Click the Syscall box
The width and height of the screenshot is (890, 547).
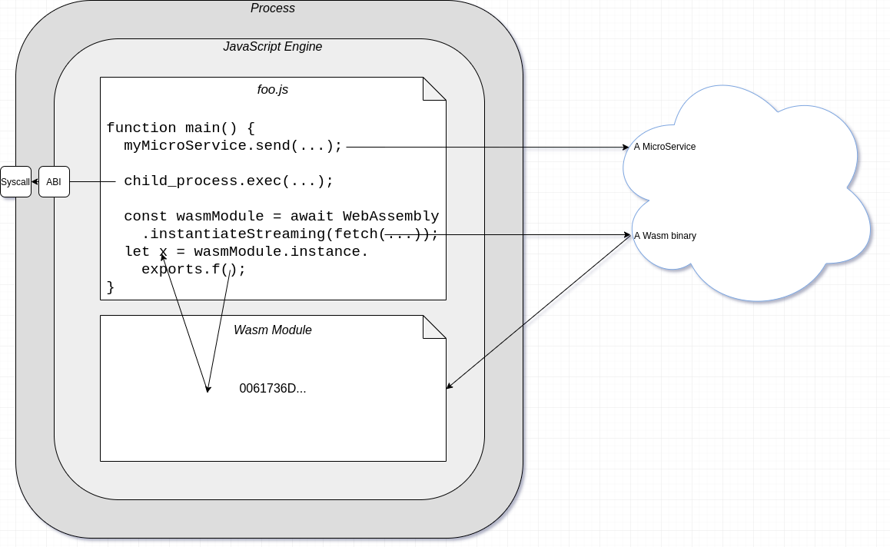click(x=15, y=182)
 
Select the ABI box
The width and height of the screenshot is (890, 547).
click(x=54, y=182)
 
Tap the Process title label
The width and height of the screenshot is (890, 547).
click(x=273, y=8)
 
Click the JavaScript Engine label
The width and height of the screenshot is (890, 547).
click(x=273, y=47)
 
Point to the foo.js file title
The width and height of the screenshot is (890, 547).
click(x=273, y=90)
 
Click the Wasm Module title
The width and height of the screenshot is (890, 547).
click(x=273, y=330)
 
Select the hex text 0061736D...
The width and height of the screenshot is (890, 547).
click(x=273, y=389)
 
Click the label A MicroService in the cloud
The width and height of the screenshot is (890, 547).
click(x=665, y=147)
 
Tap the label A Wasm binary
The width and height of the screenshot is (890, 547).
click(x=665, y=236)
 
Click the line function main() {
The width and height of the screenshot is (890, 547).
click(x=181, y=128)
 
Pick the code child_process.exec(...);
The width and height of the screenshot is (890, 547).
click(x=228, y=181)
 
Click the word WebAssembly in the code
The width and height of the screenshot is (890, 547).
click(x=390, y=217)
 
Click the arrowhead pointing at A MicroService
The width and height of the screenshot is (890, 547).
click(x=626, y=147)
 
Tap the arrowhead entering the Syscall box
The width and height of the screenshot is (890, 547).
click(x=35, y=182)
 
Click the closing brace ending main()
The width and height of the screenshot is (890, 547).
click(x=111, y=287)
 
